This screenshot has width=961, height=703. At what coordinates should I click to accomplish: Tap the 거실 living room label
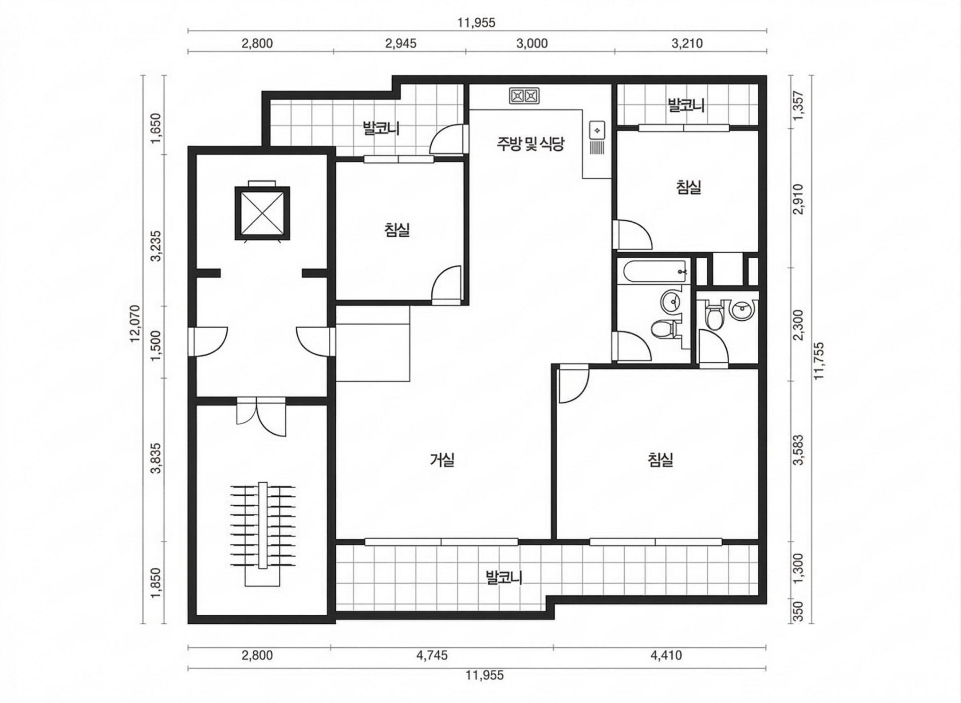click(x=442, y=460)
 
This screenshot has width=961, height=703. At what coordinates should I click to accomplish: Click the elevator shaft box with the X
click(x=262, y=213)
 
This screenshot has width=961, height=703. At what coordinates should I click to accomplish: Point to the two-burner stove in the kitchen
click(x=524, y=96)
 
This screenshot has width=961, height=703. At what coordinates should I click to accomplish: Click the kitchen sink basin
click(x=597, y=130)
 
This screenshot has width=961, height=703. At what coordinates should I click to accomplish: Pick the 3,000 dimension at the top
click(x=532, y=43)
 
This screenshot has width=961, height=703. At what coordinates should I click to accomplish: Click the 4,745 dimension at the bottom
click(x=432, y=655)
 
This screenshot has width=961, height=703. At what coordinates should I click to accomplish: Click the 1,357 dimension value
click(x=799, y=105)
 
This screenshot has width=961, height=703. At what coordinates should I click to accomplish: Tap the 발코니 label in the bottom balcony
click(x=504, y=577)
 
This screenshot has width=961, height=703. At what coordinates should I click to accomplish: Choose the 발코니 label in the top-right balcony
click(x=686, y=105)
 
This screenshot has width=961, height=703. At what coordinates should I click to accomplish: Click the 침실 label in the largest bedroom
click(x=660, y=460)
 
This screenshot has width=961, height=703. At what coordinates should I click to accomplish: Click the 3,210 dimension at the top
click(x=687, y=43)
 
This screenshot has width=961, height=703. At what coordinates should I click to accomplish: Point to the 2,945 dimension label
click(x=401, y=43)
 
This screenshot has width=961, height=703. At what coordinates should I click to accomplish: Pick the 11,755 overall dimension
click(x=819, y=360)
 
